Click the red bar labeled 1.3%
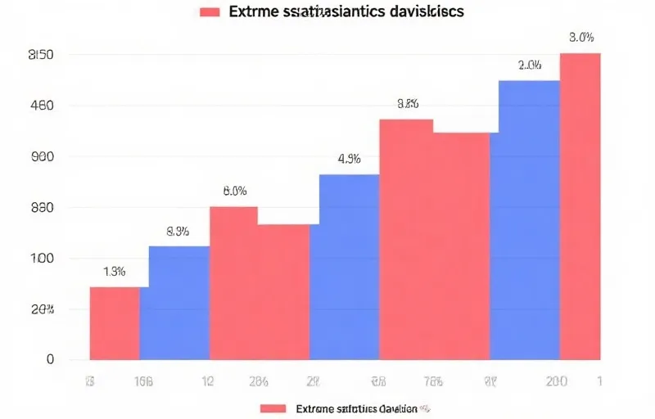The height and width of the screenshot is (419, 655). pyautogui.click(x=115, y=323)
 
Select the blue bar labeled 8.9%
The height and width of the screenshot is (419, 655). pyautogui.click(x=178, y=303)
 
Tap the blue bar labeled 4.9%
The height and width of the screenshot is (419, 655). pyautogui.click(x=349, y=267)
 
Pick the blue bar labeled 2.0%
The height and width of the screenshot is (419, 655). pyautogui.click(x=529, y=221)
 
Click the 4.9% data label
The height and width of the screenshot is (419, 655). pyautogui.click(x=350, y=160)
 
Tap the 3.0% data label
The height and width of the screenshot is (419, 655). pyautogui.click(x=580, y=38)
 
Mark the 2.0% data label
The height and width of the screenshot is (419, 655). pyautogui.click(x=529, y=65)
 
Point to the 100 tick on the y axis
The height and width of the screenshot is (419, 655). pyautogui.click(x=42, y=259)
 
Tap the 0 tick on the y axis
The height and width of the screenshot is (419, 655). pyautogui.click(x=50, y=359)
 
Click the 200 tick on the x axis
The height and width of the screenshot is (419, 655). pyautogui.click(x=557, y=381)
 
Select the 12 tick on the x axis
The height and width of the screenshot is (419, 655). pyautogui.click(x=209, y=381)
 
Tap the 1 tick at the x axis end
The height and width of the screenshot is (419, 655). pyautogui.click(x=600, y=381)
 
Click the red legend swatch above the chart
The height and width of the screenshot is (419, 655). pyautogui.click(x=210, y=12)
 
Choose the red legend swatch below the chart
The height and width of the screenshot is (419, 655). pyautogui.click(x=273, y=408)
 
